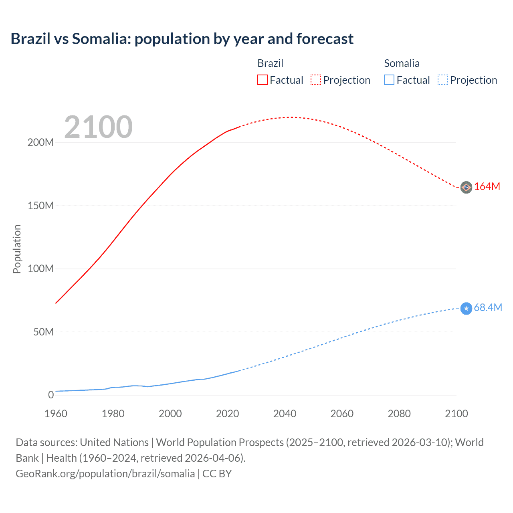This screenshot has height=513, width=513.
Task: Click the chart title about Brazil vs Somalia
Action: click(x=182, y=39)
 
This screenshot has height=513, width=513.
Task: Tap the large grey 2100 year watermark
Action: click(x=98, y=127)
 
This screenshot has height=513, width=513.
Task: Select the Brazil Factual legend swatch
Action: click(x=262, y=80)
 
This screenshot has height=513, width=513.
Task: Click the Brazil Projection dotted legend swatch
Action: click(x=316, y=80)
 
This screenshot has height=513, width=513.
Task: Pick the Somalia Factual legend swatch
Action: click(x=389, y=80)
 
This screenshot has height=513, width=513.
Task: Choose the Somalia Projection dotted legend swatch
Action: click(x=442, y=80)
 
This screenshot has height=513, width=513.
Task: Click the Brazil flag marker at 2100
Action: click(x=466, y=187)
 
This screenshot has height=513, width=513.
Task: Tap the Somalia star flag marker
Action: click(x=466, y=308)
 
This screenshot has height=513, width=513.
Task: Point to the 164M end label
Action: click(x=487, y=187)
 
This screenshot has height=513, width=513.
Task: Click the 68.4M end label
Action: click(x=488, y=308)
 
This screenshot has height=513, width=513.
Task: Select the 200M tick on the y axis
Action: click(x=40, y=143)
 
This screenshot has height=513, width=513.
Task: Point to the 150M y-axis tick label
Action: click(x=40, y=206)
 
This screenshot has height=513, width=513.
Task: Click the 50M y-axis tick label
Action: click(x=43, y=332)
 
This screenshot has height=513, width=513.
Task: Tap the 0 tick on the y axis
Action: click(x=51, y=395)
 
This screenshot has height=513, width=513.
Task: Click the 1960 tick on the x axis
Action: click(x=56, y=414)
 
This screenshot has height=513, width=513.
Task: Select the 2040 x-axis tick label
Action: click(x=285, y=414)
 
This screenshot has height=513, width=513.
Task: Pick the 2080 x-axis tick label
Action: click(x=399, y=414)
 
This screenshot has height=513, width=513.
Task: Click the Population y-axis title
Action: click(x=17, y=249)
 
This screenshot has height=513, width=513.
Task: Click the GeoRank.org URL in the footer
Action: click(x=105, y=474)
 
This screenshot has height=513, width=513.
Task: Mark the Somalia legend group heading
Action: click(x=402, y=63)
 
